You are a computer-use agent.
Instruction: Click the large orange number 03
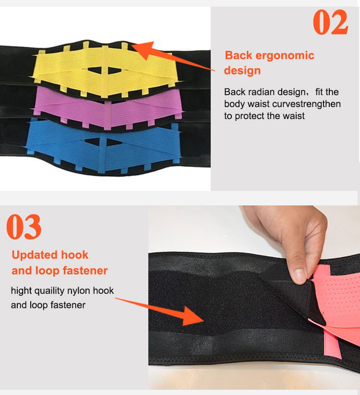(x=24, y=227)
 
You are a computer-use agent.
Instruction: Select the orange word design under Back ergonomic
(x=242, y=71)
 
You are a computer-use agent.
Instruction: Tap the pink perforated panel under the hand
(x=336, y=298)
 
